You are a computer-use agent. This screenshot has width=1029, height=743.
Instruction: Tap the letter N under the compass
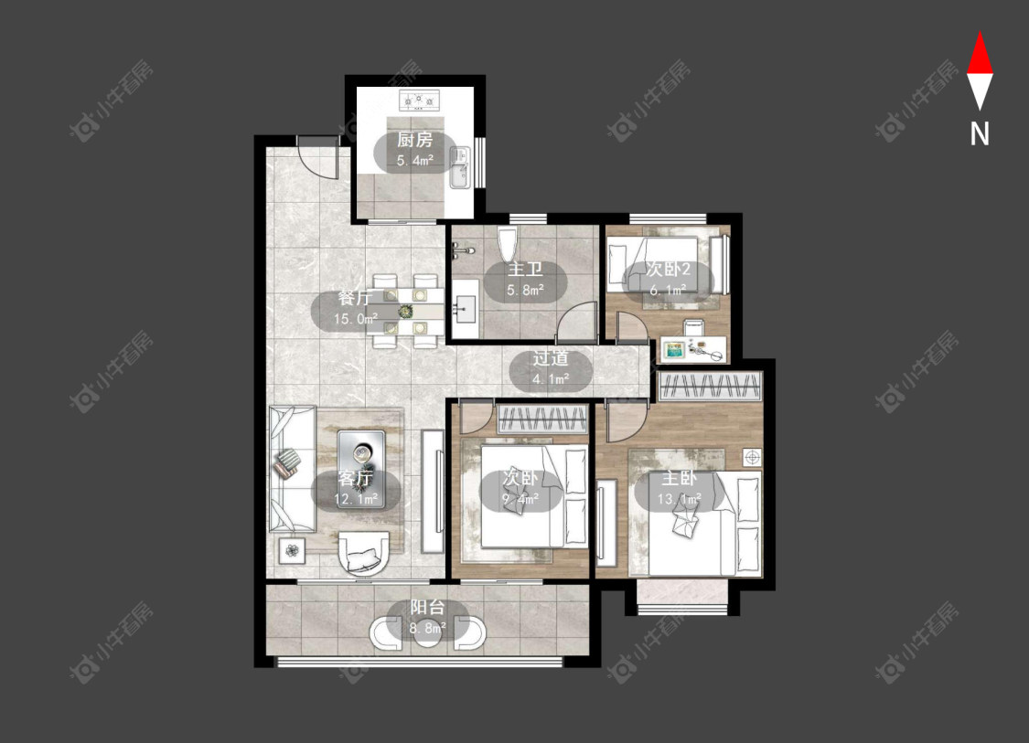[x=980, y=134]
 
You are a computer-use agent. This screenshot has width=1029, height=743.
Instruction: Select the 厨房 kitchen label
[x=414, y=140]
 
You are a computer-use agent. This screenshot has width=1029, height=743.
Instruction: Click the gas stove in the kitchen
[x=419, y=101]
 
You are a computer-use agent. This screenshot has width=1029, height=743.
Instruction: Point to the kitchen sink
[x=460, y=167]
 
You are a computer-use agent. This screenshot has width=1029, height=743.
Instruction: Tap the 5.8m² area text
[x=525, y=290]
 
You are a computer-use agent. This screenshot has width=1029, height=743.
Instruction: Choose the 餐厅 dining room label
[x=355, y=298]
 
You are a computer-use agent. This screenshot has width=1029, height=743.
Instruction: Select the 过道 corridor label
[x=550, y=358]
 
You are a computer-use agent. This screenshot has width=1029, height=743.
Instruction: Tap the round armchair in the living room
[x=363, y=553]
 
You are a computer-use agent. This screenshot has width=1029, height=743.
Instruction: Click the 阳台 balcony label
[x=427, y=607]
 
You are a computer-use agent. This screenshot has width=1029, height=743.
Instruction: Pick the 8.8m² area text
[x=428, y=628]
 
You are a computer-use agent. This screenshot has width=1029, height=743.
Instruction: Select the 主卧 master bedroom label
[x=679, y=478]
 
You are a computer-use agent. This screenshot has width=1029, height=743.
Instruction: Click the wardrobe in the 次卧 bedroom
[x=542, y=419]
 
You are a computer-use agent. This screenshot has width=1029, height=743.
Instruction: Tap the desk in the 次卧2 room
[x=693, y=349]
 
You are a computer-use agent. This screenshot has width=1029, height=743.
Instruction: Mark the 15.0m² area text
[x=355, y=319]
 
